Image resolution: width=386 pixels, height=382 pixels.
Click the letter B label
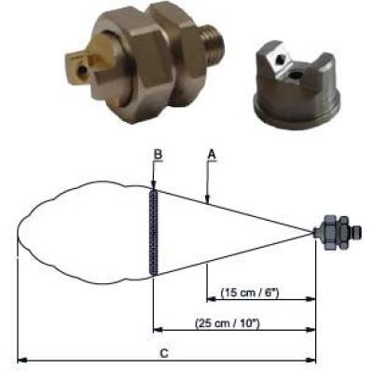point(159,155)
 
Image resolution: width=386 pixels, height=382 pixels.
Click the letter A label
point(212,154)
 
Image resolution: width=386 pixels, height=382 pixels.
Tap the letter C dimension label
point(164,353)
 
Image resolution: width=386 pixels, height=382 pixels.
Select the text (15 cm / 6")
point(250,293)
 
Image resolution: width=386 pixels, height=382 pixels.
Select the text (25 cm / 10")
point(227,323)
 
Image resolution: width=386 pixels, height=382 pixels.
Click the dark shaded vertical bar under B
point(154,232)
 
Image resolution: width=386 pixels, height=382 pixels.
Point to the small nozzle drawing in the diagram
point(337,233)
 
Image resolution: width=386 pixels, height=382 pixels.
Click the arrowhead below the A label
point(208,199)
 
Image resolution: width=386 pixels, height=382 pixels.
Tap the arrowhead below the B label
point(154,185)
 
